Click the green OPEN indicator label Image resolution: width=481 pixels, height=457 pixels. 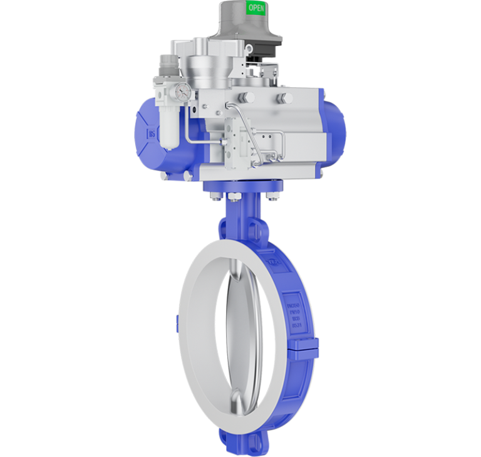click(x=256, y=8)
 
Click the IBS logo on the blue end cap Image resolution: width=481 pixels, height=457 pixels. click(x=152, y=134)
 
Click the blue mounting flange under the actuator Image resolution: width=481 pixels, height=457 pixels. click(x=244, y=187)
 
